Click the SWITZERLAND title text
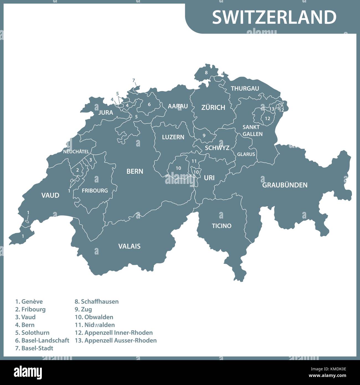click(x=274, y=17)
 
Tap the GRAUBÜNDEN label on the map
click(x=285, y=185)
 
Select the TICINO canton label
click(x=222, y=226)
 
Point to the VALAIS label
click(x=129, y=246)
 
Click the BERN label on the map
click(x=135, y=171)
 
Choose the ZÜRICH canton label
click(x=213, y=107)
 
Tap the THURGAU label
click(x=245, y=89)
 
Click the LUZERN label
click(x=173, y=137)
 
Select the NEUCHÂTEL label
click(x=76, y=152)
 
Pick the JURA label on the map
click(x=106, y=112)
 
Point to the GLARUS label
click(x=246, y=154)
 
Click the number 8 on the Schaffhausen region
click(x=206, y=73)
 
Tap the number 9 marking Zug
click(x=204, y=135)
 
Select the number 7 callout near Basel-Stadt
click(x=133, y=81)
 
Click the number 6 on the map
click(x=149, y=104)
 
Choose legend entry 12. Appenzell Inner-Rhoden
click(x=114, y=333)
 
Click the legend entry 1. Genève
click(x=29, y=302)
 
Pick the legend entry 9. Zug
click(x=83, y=309)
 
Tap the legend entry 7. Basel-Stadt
click(x=34, y=348)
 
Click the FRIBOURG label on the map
click(x=95, y=191)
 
